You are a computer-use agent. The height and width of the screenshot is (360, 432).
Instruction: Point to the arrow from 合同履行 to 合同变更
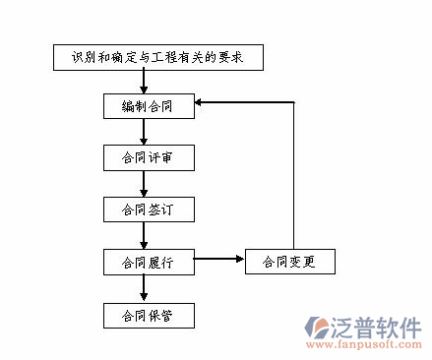[x=218, y=261]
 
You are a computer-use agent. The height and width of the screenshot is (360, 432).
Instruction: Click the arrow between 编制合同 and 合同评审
[x=145, y=131]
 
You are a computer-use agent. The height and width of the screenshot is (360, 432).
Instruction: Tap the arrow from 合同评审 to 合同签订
[x=145, y=184]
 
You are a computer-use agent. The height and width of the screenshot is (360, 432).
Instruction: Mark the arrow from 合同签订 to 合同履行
[x=145, y=236]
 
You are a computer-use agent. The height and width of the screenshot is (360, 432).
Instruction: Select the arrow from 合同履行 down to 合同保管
[x=145, y=289]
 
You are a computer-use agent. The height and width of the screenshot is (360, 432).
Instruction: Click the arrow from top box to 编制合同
[x=145, y=82]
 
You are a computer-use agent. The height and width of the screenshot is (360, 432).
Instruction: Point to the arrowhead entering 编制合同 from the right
[x=201, y=101]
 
